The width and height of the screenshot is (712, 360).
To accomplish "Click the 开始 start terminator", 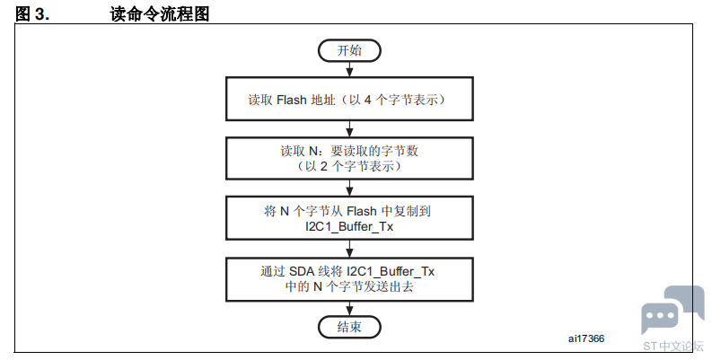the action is [x=349, y=50].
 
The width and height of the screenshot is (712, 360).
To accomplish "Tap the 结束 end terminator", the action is [x=349, y=327].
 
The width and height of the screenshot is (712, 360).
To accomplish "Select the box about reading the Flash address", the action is [x=349, y=99].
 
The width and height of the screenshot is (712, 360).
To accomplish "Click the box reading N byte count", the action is [x=349, y=158].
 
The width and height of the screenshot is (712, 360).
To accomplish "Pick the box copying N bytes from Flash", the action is [x=349, y=218].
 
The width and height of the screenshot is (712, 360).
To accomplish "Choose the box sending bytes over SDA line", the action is [x=349, y=279].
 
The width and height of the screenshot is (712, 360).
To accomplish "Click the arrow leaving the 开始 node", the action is [x=349, y=69].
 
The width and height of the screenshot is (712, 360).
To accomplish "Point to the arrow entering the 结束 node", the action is [x=349, y=309].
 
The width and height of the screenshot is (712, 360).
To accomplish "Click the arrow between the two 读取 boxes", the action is [x=349, y=129].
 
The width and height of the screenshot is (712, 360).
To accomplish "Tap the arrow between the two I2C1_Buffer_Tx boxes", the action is [x=349, y=249].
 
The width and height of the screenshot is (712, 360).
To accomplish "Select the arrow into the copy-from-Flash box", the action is [x=349, y=188].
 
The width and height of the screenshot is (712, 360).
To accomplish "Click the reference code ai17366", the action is [x=585, y=338].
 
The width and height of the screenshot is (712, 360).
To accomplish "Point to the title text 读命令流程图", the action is [x=160, y=14].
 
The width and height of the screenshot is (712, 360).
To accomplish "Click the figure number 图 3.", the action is [x=31, y=14].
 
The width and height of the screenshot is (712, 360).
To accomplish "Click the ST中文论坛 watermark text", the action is [x=673, y=346].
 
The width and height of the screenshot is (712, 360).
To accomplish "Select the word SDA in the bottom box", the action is [x=302, y=271].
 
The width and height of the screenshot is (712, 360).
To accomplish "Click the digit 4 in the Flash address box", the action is [x=368, y=100].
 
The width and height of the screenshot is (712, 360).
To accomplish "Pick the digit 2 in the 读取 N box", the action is [x=323, y=166].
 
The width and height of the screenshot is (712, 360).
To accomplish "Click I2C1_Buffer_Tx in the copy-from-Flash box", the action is [x=349, y=226].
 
